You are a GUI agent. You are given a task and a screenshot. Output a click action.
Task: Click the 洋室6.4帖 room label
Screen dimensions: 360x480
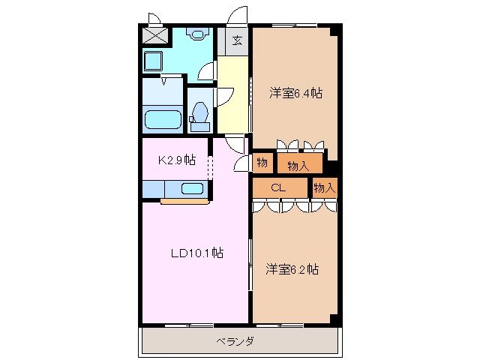296,93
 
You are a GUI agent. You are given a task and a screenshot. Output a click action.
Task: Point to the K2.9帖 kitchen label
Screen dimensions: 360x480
177,160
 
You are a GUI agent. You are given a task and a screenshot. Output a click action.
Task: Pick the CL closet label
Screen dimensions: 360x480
277,187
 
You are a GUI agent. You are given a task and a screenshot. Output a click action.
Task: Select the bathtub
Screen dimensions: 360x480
163,120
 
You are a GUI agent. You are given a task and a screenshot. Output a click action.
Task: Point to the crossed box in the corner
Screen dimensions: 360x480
156,36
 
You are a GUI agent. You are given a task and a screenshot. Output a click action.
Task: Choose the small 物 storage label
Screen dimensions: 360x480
262,163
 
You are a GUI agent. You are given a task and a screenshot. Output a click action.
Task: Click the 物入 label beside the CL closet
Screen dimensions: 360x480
324,187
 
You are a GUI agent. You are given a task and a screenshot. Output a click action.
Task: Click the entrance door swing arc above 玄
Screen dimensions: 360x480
238,16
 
